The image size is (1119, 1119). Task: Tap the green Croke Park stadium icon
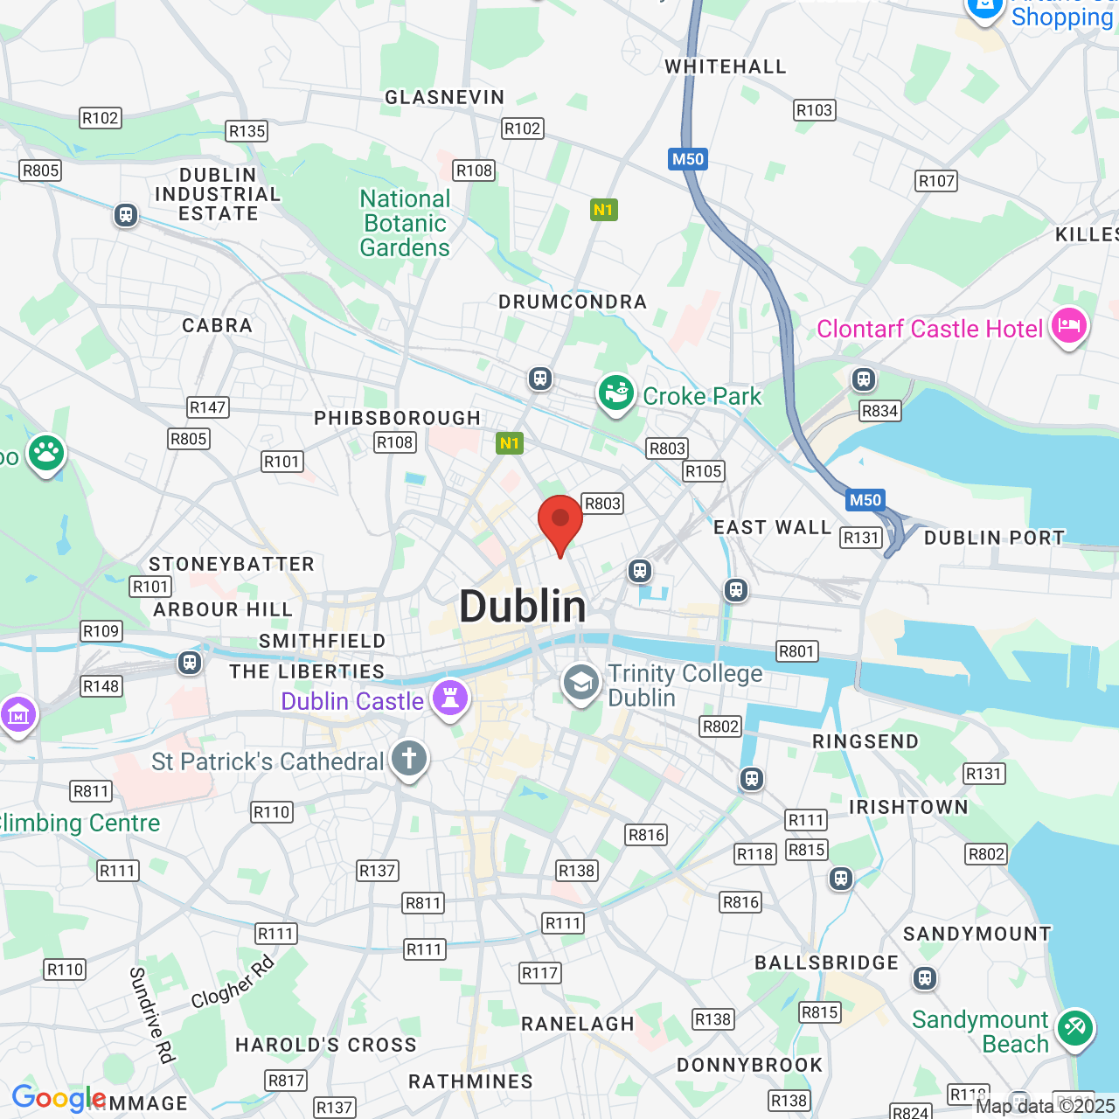pos(616,393)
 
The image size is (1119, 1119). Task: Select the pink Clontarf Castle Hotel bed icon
pos(1068,326)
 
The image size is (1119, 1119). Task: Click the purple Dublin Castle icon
pos(450,699)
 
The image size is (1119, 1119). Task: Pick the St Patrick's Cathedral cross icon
pos(409,758)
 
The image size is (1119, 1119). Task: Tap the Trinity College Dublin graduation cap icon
pos(581,683)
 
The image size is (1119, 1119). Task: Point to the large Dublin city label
pos(523,607)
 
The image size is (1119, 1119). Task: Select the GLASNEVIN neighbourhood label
pos(445,97)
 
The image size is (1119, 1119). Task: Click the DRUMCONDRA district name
pos(573,302)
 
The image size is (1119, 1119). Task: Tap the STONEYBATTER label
pos(232,564)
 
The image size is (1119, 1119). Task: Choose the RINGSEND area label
pos(865,741)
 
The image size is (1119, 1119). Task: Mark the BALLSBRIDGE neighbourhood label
pos(827,963)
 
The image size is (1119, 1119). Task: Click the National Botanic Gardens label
pos(405,224)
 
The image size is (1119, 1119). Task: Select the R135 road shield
pos(247,131)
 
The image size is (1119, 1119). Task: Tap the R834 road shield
pos(879,411)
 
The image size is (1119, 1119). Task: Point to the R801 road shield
pos(796,651)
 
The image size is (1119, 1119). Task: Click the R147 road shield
pos(208,407)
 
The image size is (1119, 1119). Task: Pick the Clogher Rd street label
pos(233,983)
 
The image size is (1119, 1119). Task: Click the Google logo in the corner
pos(59,1099)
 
